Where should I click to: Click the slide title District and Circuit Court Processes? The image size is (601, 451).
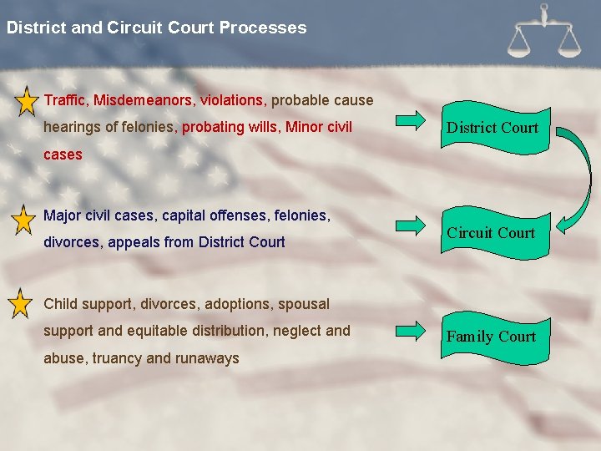(156, 28)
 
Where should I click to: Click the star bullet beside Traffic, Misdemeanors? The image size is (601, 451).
(24, 101)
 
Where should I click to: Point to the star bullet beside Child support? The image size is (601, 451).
(19, 304)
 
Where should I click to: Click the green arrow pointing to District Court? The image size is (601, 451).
(411, 121)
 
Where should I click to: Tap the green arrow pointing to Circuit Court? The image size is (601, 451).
(411, 225)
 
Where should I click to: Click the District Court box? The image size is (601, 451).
(492, 128)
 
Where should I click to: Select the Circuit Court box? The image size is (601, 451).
(491, 233)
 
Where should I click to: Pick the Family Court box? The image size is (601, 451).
(491, 337)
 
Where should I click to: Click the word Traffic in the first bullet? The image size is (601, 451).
(64, 100)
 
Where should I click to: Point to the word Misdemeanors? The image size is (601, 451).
(144, 100)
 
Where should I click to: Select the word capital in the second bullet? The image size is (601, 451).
(184, 215)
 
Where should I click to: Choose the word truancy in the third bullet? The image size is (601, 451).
(118, 358)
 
